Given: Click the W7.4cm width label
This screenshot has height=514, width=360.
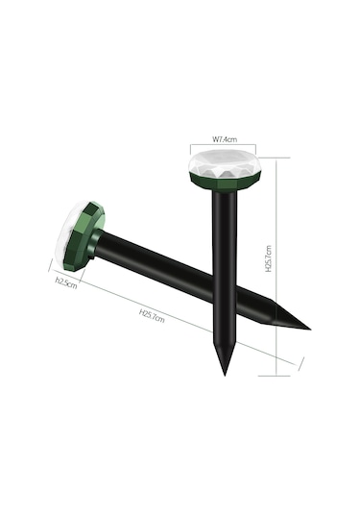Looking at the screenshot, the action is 225,139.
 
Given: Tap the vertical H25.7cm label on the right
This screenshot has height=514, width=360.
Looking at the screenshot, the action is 268,258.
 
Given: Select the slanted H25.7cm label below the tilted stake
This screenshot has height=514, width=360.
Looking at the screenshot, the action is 152,315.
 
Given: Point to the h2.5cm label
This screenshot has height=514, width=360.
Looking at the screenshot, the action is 66,282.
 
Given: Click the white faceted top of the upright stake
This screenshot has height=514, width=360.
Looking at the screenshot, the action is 224,164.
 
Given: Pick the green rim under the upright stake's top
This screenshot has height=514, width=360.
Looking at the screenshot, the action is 225,184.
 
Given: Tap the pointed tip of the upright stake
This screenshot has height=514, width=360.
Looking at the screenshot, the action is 225,375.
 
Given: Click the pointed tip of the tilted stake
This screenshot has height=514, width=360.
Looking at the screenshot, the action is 310,330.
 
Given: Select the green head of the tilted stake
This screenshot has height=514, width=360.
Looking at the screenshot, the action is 84,235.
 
